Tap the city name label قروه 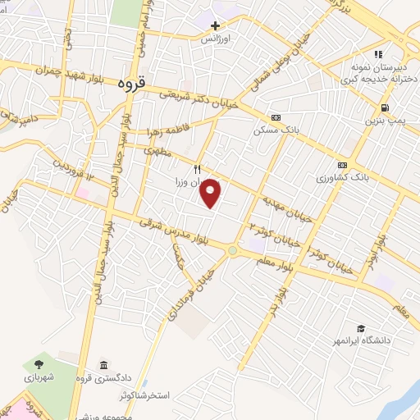coord(130,83)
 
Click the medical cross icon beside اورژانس coord(215,26)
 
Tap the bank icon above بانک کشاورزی coord(342,165)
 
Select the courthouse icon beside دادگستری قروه coord(103,365)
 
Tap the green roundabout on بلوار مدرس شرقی coord(233,250)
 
